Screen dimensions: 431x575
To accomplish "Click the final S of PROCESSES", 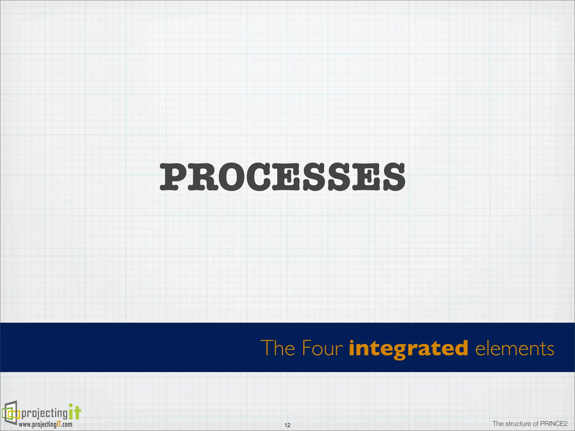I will [x=391, y=177].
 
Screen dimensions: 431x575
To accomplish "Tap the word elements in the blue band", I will [x=515, y=348].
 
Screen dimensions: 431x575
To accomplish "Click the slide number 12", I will [x=287, y=425].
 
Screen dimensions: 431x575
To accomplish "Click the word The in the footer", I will [x=498, y=424].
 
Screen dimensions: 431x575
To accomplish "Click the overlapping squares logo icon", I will [x=11, y=413].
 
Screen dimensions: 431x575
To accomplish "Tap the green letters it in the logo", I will [x=75, y=412].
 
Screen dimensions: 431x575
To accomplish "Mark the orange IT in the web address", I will [x=58, y=424].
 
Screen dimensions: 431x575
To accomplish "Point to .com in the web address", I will [x=67, y=425].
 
